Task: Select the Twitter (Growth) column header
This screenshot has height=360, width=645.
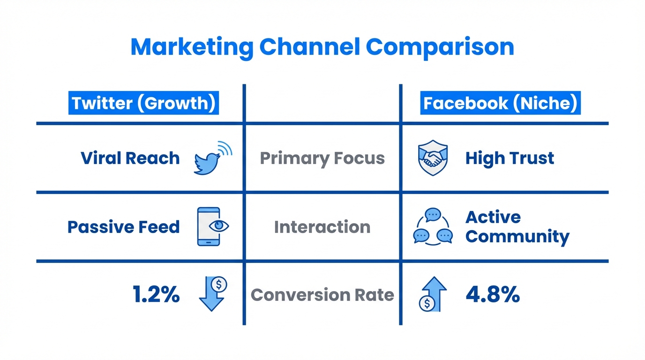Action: tap(144, 103)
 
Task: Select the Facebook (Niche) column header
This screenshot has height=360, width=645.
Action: tap(500, 103)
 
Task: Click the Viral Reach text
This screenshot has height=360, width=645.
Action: tap(130, 158)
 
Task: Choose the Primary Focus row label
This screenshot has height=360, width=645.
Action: tap(322, 158)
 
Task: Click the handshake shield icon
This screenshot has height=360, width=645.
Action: tap(432, 158)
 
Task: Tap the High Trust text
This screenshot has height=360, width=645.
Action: tap(510, 158)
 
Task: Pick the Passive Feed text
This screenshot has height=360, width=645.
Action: tap(123, 227)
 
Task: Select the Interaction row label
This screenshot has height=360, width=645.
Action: tap(322, 227)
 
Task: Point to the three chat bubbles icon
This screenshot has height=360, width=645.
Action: tap(433, 227)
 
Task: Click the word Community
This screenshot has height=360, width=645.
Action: tap(517, 237)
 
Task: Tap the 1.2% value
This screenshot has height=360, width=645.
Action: tap(156, 295)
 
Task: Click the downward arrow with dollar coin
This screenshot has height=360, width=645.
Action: tap(212, 294)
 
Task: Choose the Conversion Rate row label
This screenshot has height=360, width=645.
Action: tap(322, 295)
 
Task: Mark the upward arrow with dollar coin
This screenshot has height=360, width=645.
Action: tap(433, 294)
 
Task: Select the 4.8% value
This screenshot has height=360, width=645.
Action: tap(493, 295)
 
